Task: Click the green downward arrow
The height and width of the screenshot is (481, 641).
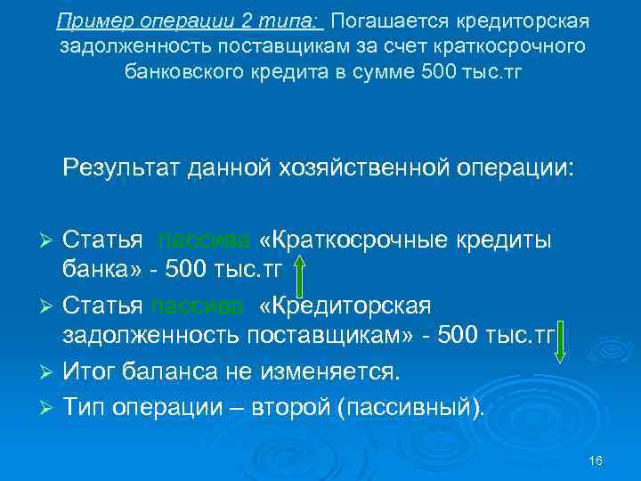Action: tap(561, 343)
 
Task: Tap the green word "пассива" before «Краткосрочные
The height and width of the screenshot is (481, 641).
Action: tap(198, 240)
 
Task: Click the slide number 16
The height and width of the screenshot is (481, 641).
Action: tap(596, 461)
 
